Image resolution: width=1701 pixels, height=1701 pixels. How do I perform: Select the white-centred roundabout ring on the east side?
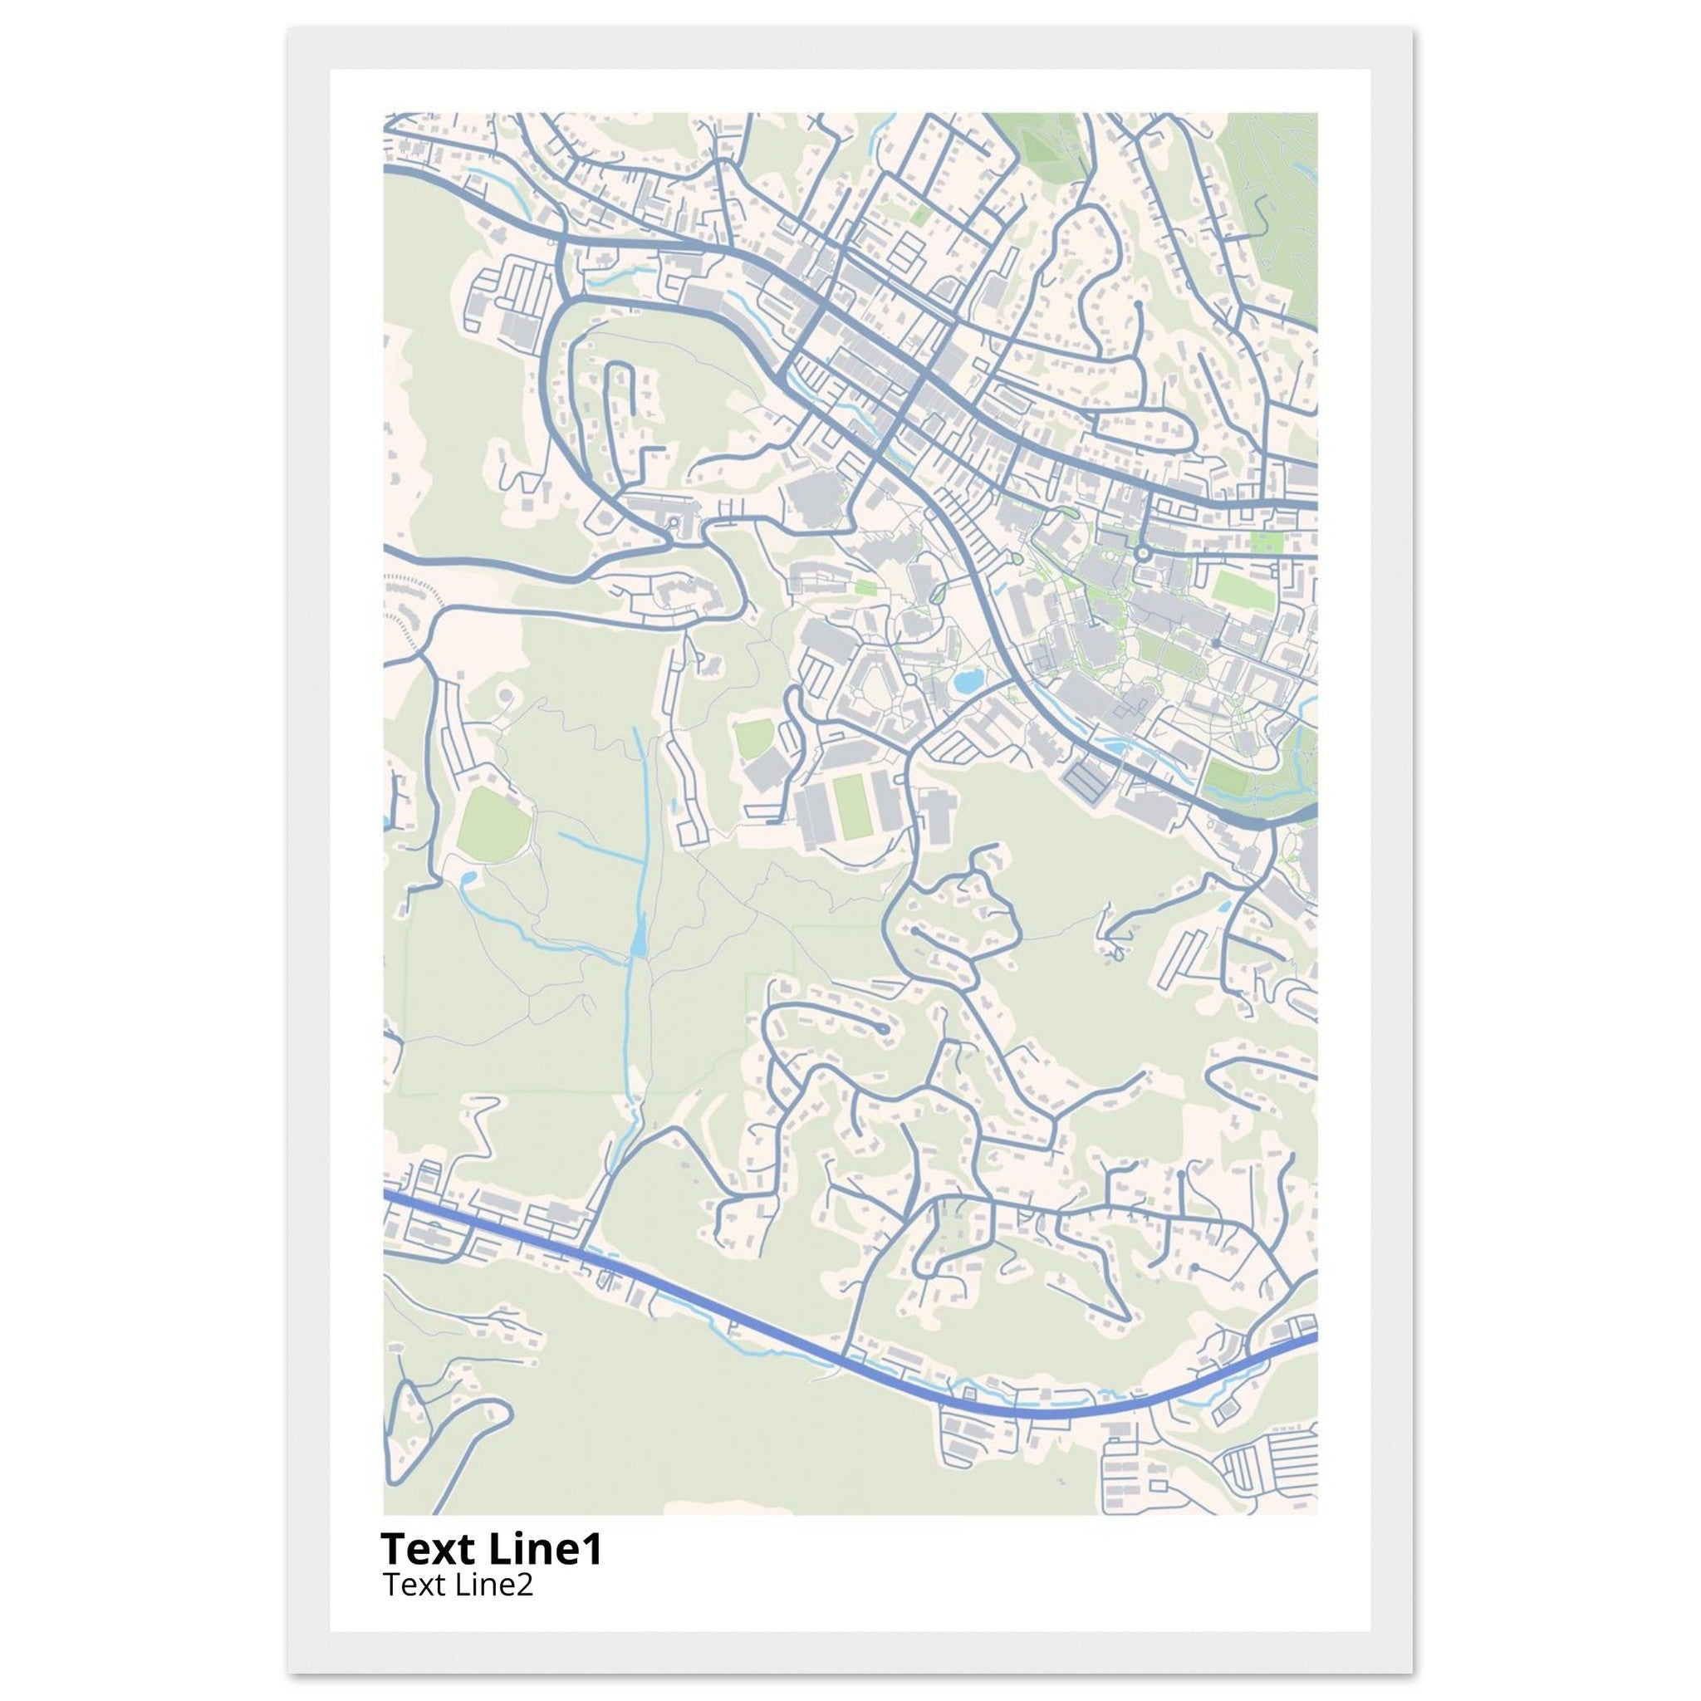click(x=1143, y=553)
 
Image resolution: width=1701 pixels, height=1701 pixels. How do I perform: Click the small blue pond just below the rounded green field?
click(x=467, y=878)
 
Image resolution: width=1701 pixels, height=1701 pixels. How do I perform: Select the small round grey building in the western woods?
click(x=504, y=696)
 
